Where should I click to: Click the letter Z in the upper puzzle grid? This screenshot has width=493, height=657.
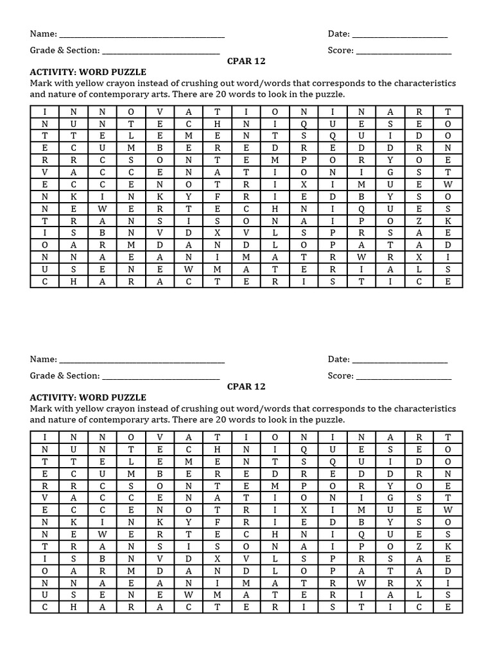(419, 220)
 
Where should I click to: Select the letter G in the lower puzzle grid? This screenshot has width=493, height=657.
(388, 497)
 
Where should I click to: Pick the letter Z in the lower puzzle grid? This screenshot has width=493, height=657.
(419, 545)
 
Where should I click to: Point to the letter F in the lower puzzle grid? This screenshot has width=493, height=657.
(218, 522)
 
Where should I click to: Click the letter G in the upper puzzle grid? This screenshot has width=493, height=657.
(388, 172)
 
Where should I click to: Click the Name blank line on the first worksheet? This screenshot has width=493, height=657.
(142, 35)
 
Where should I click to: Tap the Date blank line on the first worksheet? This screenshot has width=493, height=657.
(400, 35)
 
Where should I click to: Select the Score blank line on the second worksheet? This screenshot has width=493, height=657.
(404, 377)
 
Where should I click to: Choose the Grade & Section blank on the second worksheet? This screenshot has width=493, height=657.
(161, 377)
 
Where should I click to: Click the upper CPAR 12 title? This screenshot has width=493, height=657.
(246, 61)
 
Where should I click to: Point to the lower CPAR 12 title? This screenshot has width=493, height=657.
(246, 386)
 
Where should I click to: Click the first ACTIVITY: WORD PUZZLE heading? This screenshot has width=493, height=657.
(88, 72)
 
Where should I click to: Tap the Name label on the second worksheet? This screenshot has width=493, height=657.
(43, 359)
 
